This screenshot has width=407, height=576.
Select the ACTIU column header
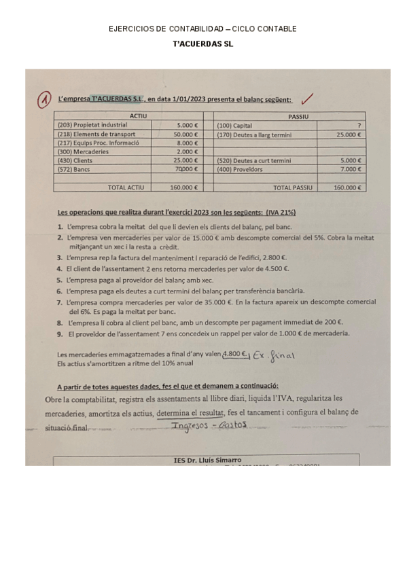click(x=139, y=117)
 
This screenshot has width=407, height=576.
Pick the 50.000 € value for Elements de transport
click(x=185, y=134)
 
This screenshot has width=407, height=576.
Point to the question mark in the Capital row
click(x=357, y=126)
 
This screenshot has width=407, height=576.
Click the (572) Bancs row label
click(x=74, y=169)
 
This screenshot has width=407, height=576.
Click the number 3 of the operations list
click(x=60, y=258)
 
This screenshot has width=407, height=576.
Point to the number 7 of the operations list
click(x=60, y=302)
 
